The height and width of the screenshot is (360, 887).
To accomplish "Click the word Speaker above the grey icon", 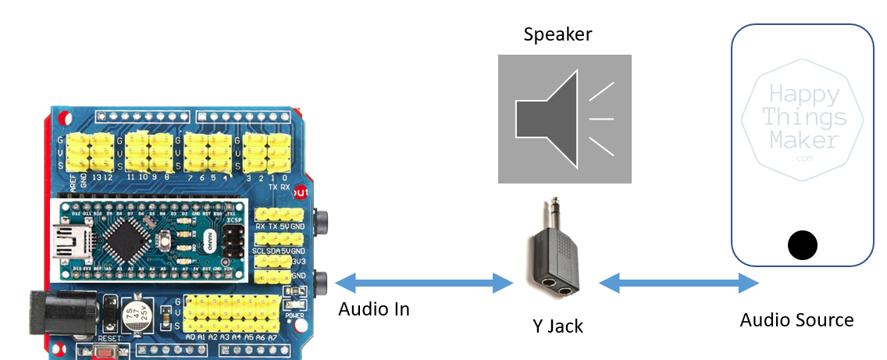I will click(557, 34).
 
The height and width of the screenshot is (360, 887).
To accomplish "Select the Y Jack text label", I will click(554, 325).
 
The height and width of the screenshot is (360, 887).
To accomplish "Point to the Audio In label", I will click(374, 309).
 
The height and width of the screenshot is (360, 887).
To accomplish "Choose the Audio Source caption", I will click(796, 319).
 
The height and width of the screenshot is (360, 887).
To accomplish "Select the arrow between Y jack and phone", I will click(678, 283).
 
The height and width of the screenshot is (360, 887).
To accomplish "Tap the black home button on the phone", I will click(802, 245).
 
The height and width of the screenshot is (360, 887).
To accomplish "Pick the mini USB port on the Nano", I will click(71, 239).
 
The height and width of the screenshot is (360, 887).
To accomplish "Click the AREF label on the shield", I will click(73, 184).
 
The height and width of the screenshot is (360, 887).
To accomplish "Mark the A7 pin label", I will click(272, 337).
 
